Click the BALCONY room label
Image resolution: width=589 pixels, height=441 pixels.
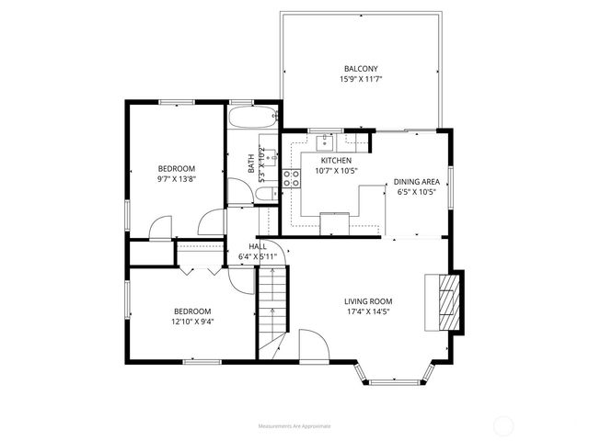point(361,69)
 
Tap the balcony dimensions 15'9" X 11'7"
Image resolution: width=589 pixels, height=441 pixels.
point(361,80)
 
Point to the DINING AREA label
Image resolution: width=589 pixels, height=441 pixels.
point(415,182)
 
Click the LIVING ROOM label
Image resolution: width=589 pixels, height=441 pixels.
point(368,301)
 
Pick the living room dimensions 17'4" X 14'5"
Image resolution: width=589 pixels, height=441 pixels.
point(368,312)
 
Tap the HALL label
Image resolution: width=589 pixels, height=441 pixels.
point(257,246)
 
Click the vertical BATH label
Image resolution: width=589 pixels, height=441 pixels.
point(251,163)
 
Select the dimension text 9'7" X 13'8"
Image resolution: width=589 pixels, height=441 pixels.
point(176,179)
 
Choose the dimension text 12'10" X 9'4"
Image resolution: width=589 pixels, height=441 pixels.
point(191,322)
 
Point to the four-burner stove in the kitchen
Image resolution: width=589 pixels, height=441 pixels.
point(292,178)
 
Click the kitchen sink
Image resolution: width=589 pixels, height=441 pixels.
point(327,141)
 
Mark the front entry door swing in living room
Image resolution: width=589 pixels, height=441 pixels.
point(311,344)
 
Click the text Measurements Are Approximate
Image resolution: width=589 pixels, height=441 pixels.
point(294,425)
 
